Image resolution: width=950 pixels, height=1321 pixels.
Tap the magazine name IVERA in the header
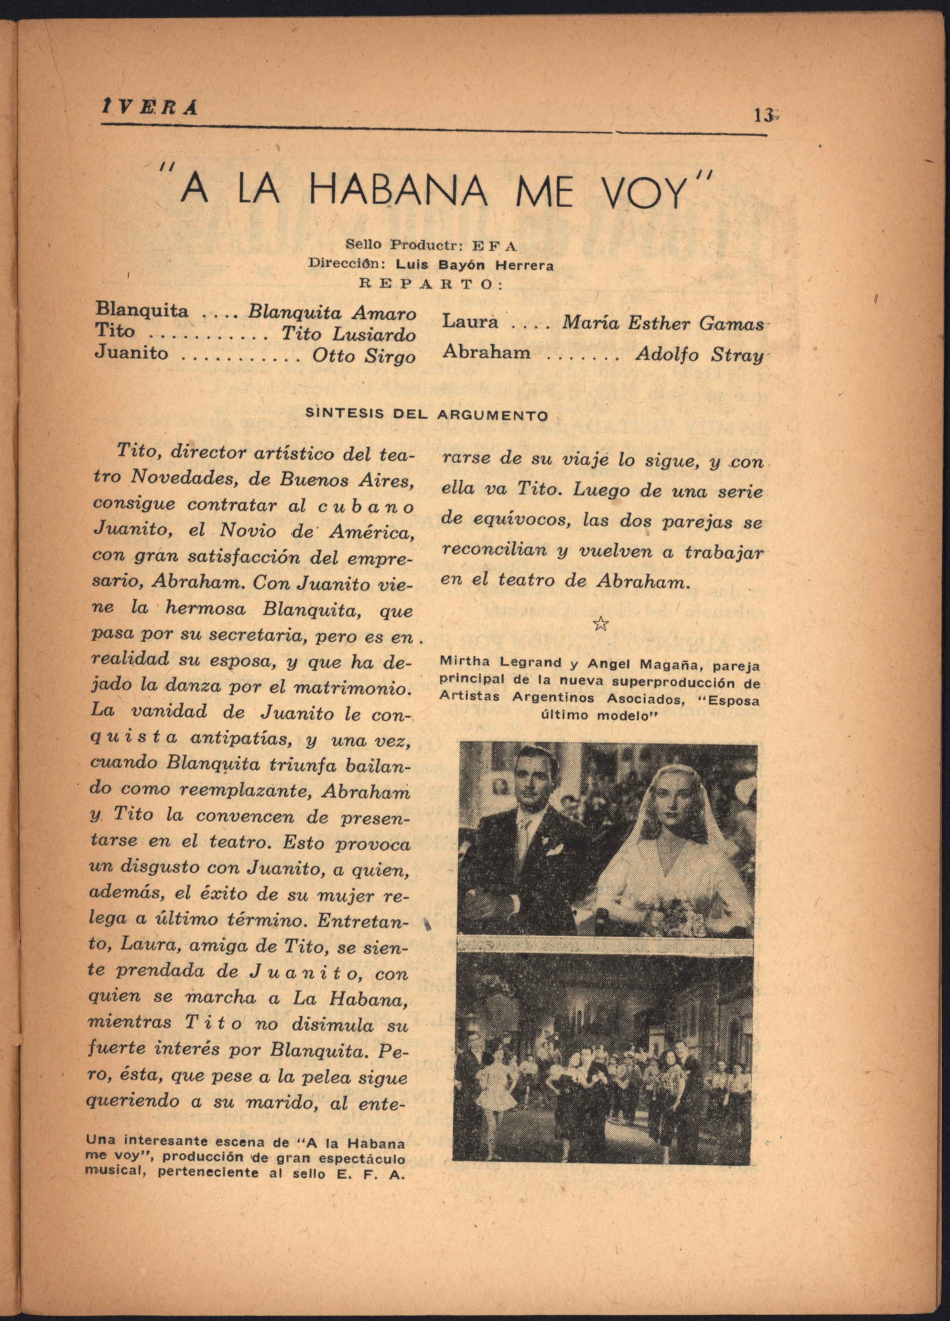(149, 109)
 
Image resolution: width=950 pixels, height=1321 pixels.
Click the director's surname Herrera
(524, 265)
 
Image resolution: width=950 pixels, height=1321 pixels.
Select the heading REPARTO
(431, 284)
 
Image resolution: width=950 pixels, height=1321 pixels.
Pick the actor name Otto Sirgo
(364, 356)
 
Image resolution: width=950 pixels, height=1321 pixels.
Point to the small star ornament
(600, 625)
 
